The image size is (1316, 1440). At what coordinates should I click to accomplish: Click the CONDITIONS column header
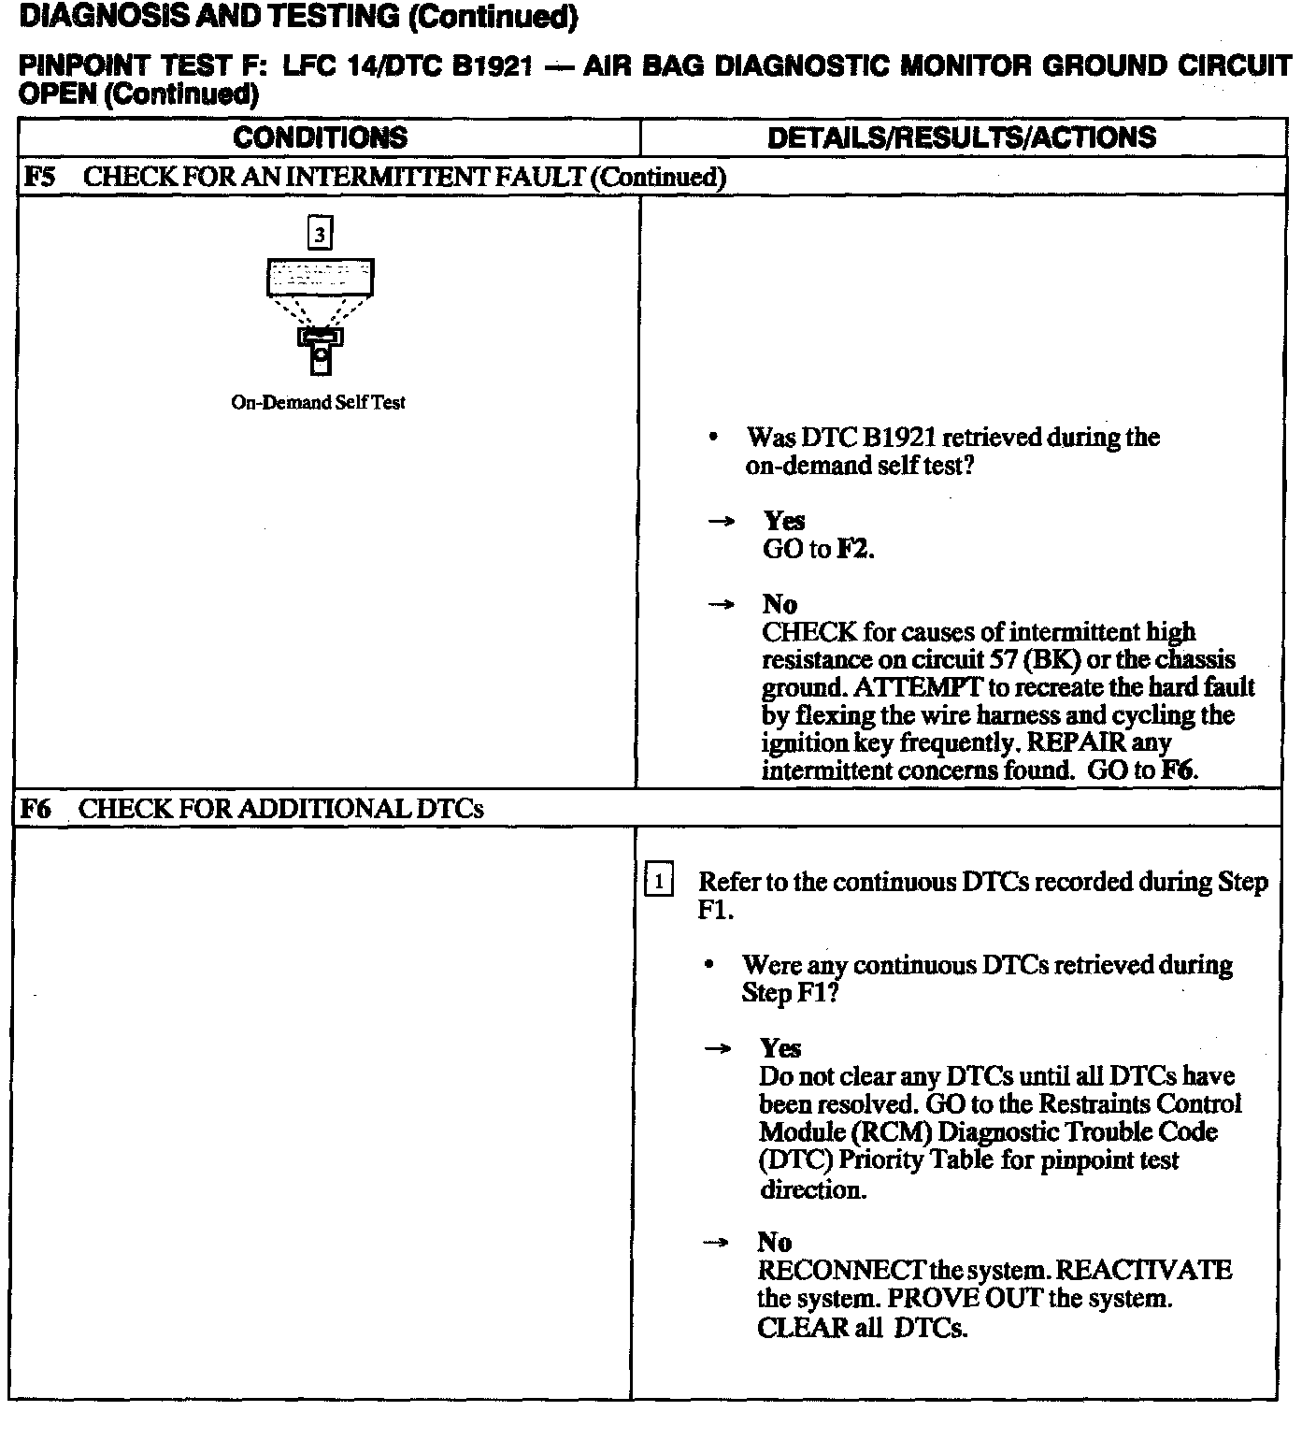tap(320, 138)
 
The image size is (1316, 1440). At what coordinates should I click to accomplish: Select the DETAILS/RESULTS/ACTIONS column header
tap(961, 138)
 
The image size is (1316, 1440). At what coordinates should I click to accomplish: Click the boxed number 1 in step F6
tap(658, 881)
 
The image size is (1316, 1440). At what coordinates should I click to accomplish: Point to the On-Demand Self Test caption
tap(318, 403)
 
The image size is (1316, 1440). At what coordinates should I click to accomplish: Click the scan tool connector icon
tap(320, 352)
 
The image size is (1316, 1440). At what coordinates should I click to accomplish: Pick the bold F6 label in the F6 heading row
tap(36, 809)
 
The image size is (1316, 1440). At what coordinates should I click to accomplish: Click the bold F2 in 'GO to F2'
tap(852, 549)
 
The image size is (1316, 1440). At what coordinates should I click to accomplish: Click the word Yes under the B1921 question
tap(784, 521)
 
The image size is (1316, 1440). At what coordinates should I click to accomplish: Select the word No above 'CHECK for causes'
tap(780, 604)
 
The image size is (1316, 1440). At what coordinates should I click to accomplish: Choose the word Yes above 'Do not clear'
tap(780, 1048)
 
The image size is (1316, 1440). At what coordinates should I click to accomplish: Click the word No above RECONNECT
tap(775, 1243)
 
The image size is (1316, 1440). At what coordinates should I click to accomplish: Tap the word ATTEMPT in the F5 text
tap(919, 687)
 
